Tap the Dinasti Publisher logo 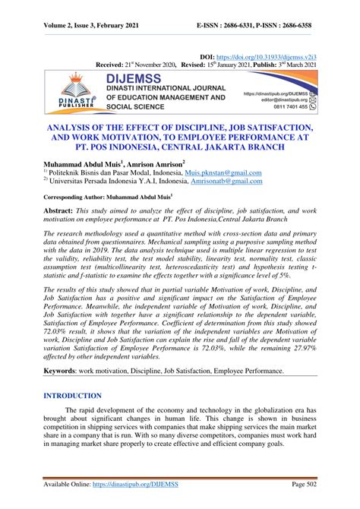click(x=73, y=90)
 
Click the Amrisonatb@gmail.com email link click(x=224, y=182)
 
